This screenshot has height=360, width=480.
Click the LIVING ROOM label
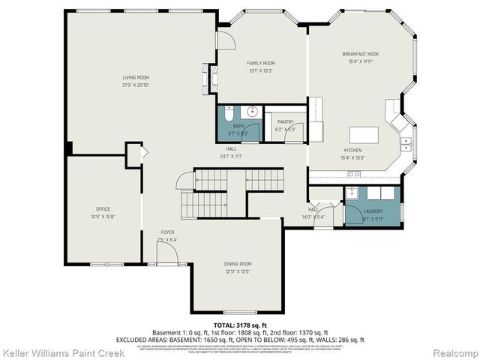pos(136,77)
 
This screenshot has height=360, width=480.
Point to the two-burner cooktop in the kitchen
pos(352,174)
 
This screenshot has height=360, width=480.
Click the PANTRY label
pos(285,121)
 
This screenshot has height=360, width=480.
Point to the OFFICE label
pos(103,209)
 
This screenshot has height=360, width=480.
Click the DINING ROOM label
pos(238,263)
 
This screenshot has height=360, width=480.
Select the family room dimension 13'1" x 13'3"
pos(262,70)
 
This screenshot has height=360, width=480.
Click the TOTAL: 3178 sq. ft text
pos(240,323)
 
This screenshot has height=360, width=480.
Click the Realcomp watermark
pos(453,352)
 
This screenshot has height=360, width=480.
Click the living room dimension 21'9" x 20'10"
pos(136,85)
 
